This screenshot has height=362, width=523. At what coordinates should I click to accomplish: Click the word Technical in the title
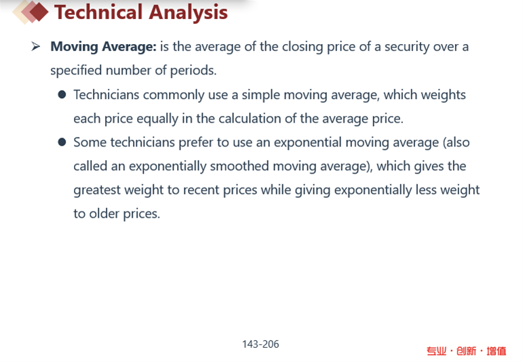click(x=98, y=12)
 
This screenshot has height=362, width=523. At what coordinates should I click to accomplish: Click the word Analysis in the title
click(x=188, y=14)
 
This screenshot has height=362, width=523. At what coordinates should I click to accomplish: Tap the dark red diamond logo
click(x=39, y=12)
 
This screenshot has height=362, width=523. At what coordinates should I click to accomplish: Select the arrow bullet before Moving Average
click(x=36, y=46)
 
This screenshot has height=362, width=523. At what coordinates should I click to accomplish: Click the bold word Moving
click(x=74, y=47)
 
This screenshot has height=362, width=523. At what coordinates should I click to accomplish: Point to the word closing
click(x=303, y=47)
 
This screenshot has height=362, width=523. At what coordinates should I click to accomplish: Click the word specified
click(x=76, y=71)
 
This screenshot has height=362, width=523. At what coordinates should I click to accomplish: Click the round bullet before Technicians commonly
click(x=62, y=94)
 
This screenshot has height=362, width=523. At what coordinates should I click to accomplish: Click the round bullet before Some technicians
click(x=62, y=142)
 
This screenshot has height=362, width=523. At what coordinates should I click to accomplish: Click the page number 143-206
click(x=260, y=344)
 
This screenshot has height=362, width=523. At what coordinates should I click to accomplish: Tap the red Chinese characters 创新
click(x=466, y=351)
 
